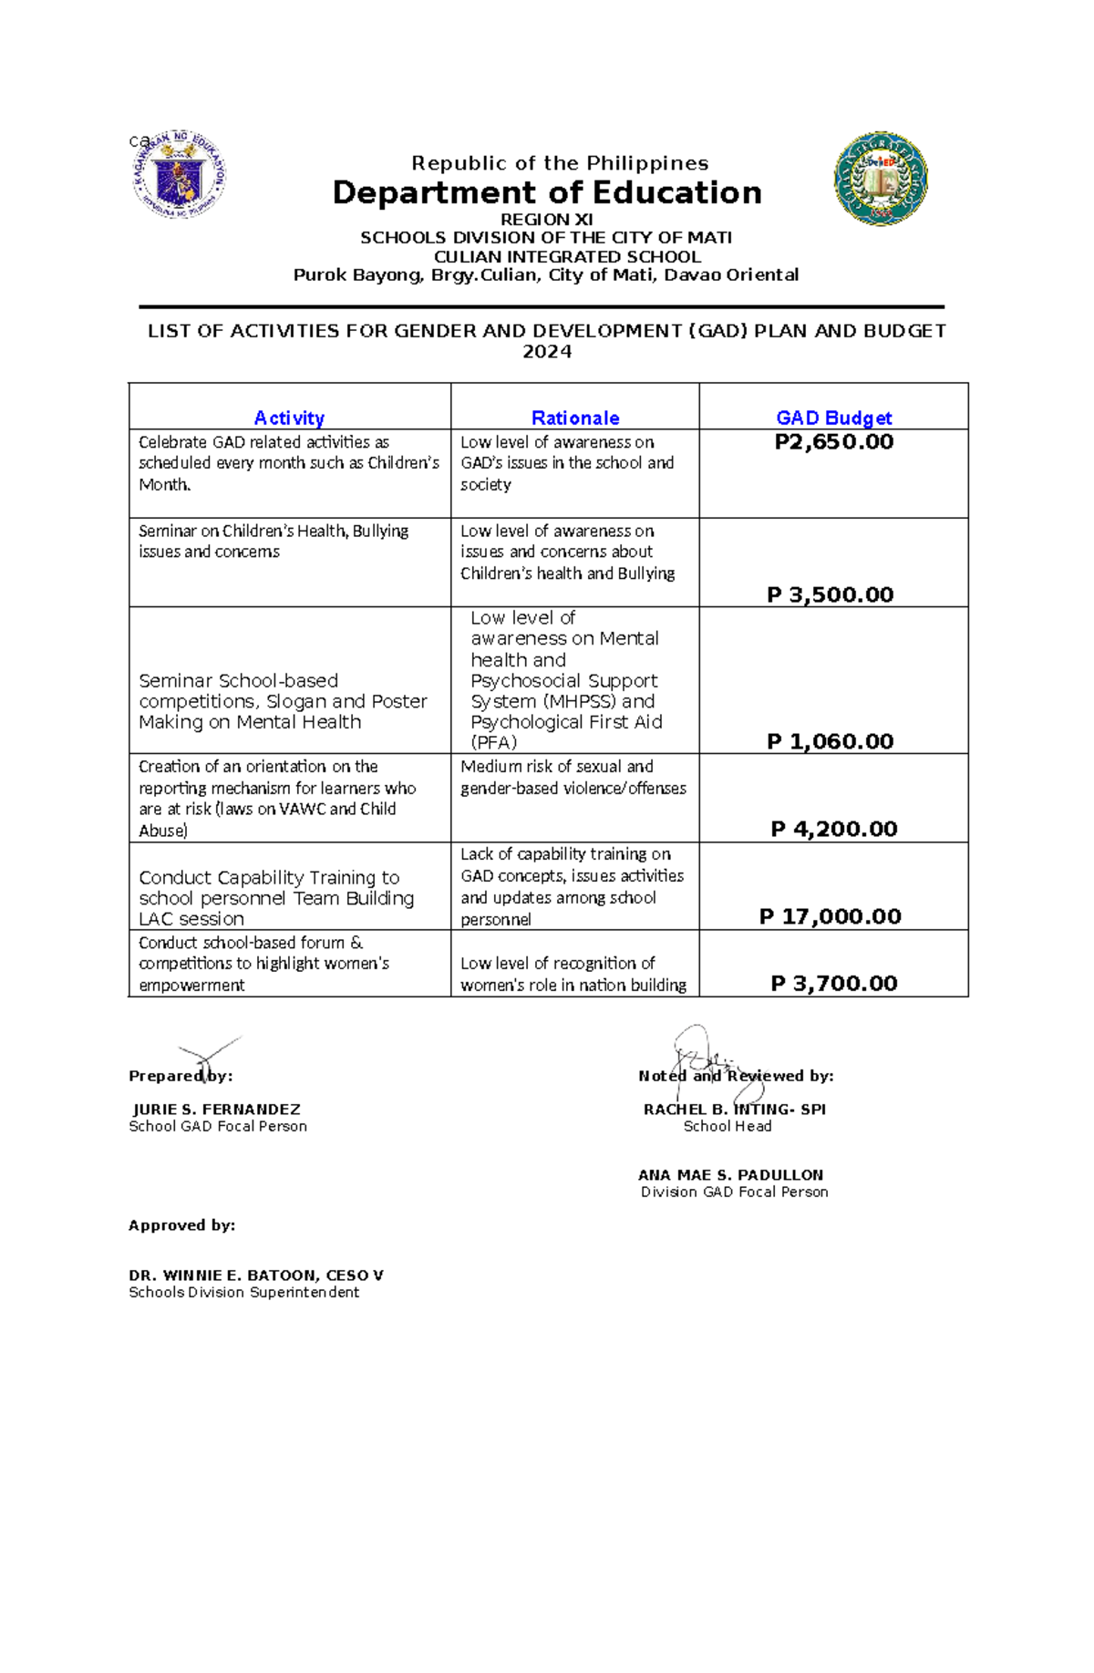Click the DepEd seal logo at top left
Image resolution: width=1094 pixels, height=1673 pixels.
pyautogui.click(x=179, y=173)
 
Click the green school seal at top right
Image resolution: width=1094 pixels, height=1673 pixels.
pyautogui.click(x=881, y=179)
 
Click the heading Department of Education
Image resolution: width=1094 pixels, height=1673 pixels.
pyautogui.click(x=547, y=193)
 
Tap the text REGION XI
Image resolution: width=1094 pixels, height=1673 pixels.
pyautogui.click(x=547, y=220)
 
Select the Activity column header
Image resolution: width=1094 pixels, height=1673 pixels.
pyautogui.click(x=289, y=418)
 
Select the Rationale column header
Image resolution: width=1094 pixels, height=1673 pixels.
pyautogui.click(x=575, y=418)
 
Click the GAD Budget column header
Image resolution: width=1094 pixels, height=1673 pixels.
pyautogui.click(x=833, y=418)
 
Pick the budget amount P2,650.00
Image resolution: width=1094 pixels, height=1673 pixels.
pyautogui.click(x=833, y=442)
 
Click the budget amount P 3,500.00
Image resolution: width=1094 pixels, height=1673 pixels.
pyautogui.click(x=830, y=594)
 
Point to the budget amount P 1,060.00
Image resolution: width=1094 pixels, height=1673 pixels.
pyautogui.click(x=830, y=741)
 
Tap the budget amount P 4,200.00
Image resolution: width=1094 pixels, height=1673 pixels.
pyautogui.click(x=833, y=829)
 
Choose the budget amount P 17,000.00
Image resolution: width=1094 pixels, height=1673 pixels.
pyautogui.click(x=830, y=916)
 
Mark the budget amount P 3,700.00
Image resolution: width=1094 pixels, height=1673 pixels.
pyautogui.click(x=833, y=983)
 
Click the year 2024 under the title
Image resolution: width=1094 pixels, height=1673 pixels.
pyautogui.click(x=547, y=352)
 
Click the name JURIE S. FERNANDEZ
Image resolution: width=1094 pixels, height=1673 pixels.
pyautogui.click(x=217, y=1110)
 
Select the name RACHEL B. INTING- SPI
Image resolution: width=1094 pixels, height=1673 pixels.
pyautogui.click(x=734, y=1110)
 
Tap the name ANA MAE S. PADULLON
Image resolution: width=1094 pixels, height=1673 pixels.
pyautogui.click(x=730, y=1175)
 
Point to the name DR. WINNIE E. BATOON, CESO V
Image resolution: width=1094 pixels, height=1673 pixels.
pyautogui.click(x=256, y=1275)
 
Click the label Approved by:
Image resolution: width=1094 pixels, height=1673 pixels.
pyautogui.click(x=181, y=1225)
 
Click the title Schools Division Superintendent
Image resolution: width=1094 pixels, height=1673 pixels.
pyautogui.click(x=243, y=1292)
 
